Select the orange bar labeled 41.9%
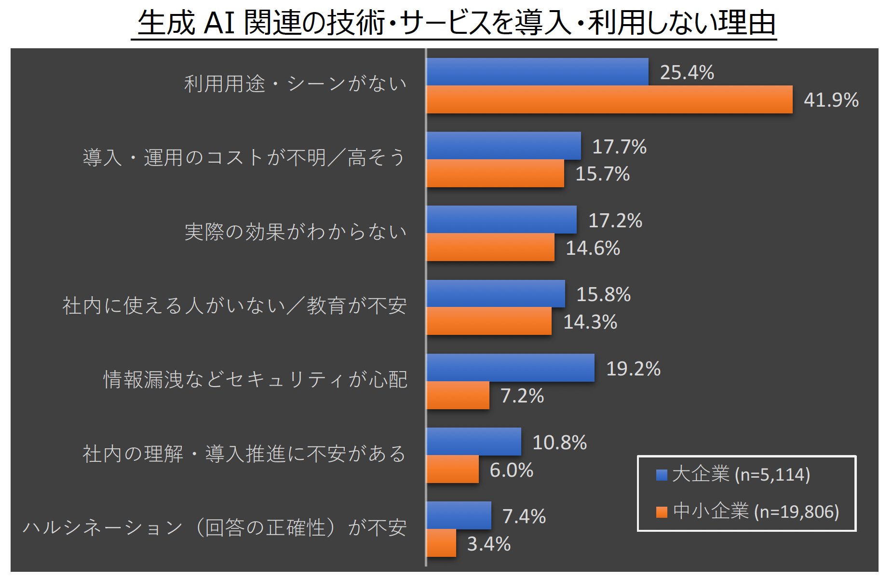pyautogui.click(x=609, y=100)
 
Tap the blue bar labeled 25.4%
pyautogui.click(x=537, y=72)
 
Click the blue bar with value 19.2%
pyautogui.click(x=510, y=368)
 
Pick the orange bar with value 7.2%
pyautogui.click(x=458, y=396)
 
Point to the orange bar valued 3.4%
pyautogui.click(x=441, y=543)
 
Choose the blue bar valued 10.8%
pyautogui.click(x=474, y=442)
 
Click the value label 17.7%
pyautogui.click(x=619, y=147)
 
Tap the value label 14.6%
pyautogui.click(x=593, y=249)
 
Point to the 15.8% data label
pyautogui.click(x=603, y=294)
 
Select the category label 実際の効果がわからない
pyautogui.click(x=295, y=232)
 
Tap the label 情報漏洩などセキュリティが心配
pyautogui.click(x=255, y=380)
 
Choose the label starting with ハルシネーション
pyautogui.click(x=215, y=528)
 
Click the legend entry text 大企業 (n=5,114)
pyautogui.click(x=741, y=475)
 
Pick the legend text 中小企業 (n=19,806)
pyautogui.click(x=756, y=512)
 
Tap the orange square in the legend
pyautogui.click(x=662, y=512)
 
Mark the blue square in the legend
pyautogui.click(x=662, y=475)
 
